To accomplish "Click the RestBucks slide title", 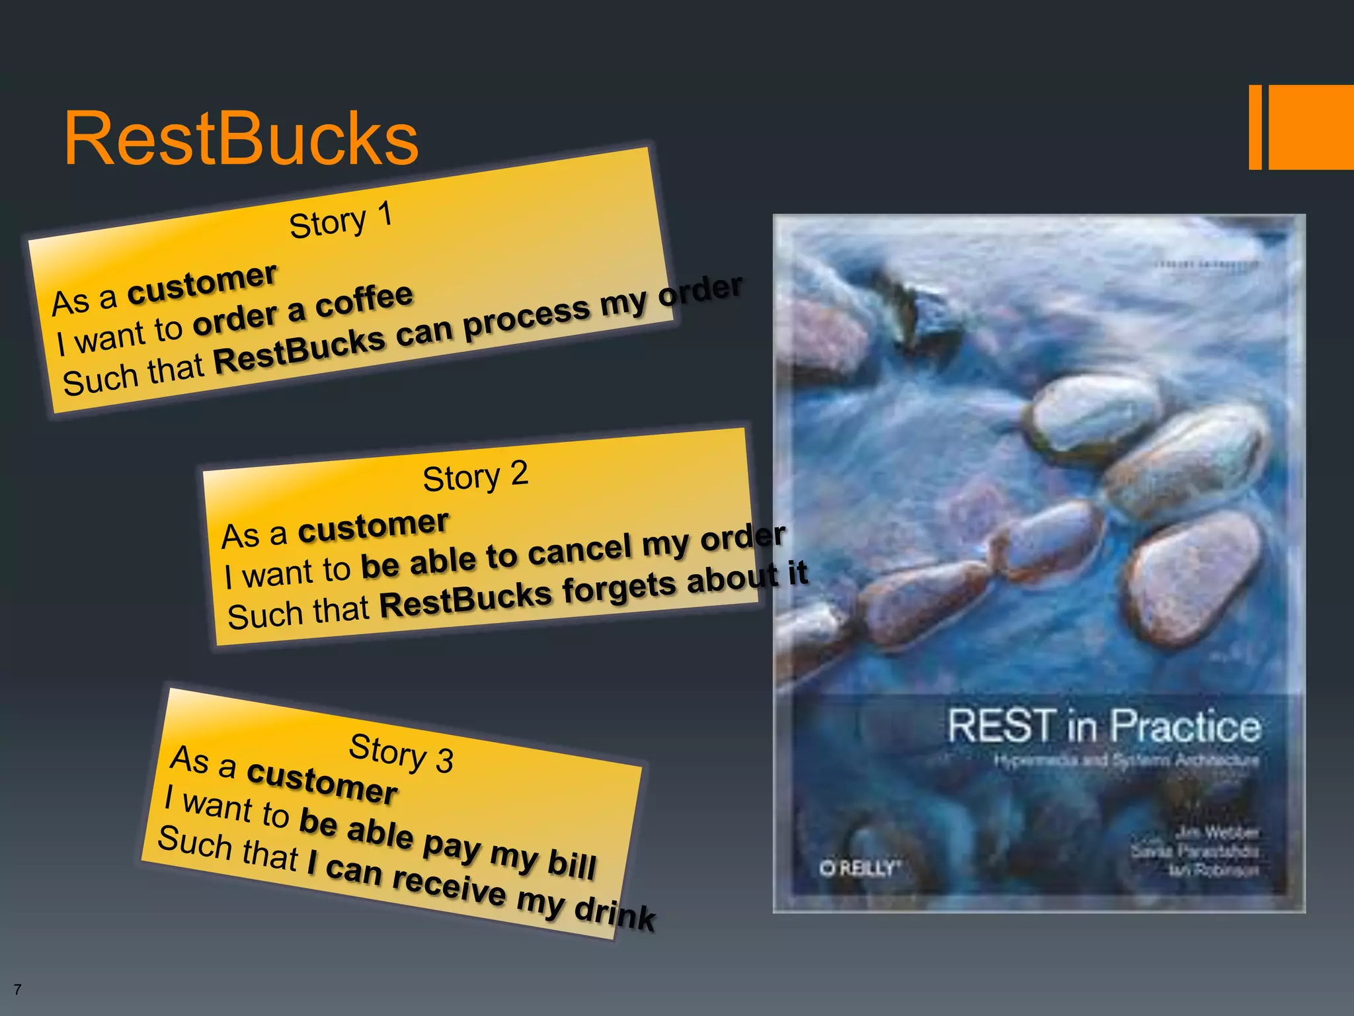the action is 241,139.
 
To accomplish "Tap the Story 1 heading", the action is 341,220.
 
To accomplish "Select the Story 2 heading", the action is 475,476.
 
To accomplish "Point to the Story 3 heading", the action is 401,753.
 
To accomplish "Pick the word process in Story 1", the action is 525,316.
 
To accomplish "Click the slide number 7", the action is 17,990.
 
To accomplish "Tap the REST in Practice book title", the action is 1103,726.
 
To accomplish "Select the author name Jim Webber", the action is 1216,832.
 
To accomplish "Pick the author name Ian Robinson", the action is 1213,870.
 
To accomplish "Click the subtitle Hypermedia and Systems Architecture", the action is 1126,761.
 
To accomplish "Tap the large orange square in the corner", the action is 1311,127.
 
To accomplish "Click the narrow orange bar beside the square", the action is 1255,127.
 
